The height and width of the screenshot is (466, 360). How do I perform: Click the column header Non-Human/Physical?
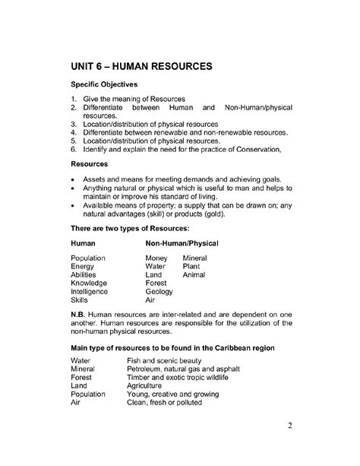(182, 243)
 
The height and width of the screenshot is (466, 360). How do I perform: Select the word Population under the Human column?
(88, 258)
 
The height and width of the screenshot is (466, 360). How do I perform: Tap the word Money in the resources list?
(156, 258)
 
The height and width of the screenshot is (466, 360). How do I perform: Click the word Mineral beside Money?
(195, 258)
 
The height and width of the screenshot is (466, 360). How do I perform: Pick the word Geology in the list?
(159, 291)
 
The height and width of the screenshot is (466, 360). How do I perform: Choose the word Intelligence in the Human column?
(89, 291)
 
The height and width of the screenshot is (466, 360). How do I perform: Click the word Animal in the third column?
(194, 275)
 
